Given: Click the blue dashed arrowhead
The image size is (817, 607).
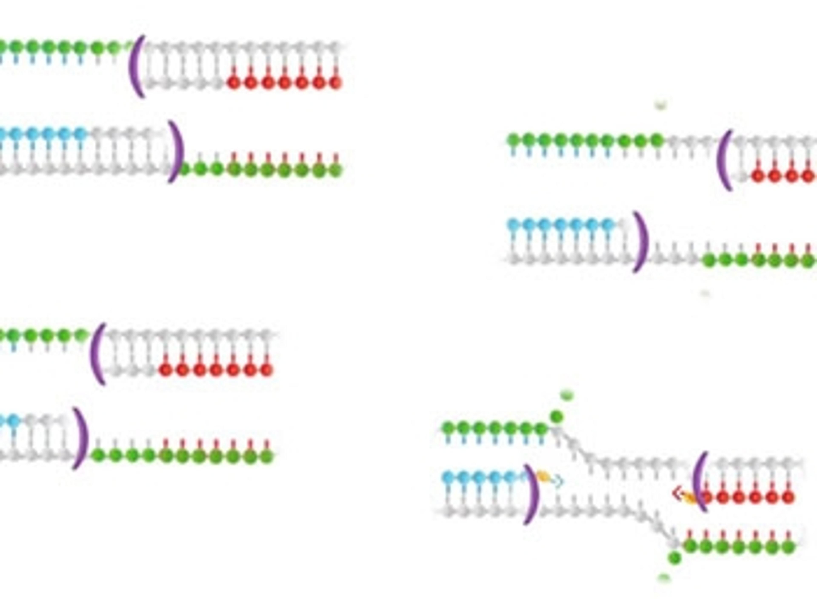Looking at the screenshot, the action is [559, 481].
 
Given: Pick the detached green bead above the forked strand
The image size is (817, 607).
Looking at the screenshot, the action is [557, 417].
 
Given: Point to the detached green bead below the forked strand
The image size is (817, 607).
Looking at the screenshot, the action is [674, 558].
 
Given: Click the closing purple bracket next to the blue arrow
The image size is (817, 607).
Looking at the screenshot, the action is [531, 494].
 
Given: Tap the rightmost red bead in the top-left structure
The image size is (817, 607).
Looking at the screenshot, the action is [335, 82].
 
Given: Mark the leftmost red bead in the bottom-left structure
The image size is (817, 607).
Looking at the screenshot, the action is [166, 369].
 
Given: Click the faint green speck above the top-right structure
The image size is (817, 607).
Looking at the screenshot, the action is [660, 106].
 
